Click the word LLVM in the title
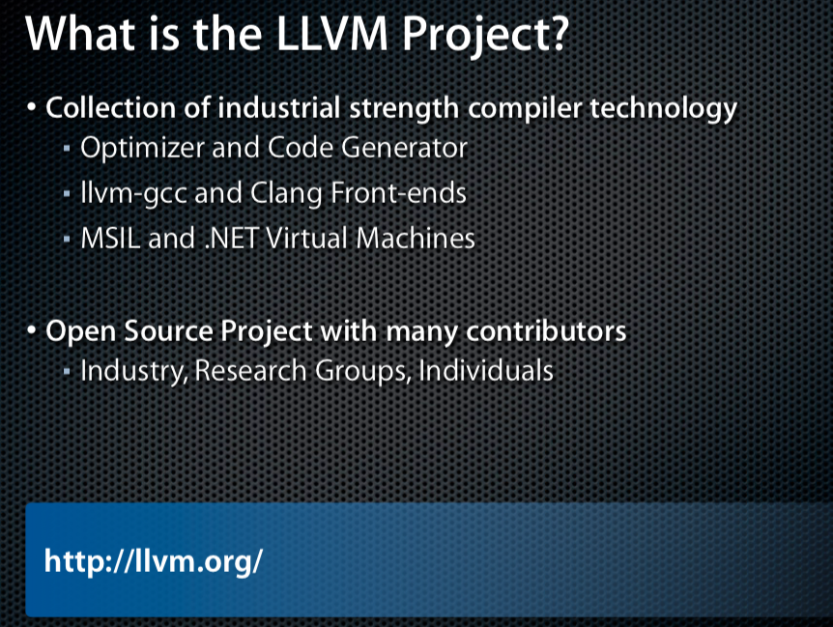click(332, 34)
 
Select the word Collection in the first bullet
click(110, 108)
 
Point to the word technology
click(664, 109)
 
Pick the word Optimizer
click(142, 148)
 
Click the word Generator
click(404, 148)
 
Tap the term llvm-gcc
click(134, 193)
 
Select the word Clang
click(286, 193)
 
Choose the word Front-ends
click(398, 192)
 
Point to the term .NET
click(232, 239)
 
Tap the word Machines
click(416, 239)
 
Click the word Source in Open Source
click(168, 331)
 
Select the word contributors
click(546, 331)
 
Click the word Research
click(250, 371)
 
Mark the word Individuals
click(486, 371)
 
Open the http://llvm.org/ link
click(154, 561)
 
